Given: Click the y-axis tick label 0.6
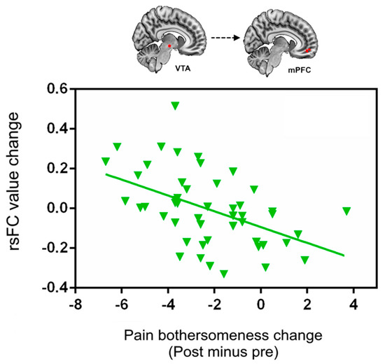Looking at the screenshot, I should [58, 89].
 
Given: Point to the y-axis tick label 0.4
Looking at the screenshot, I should [58, 129].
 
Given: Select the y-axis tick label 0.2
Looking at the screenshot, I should [58, 168].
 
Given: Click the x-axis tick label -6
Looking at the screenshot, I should [120, 306].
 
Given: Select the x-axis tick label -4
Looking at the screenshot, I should [166, 306].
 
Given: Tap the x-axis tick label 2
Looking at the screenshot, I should [307, 306].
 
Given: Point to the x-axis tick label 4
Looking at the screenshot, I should [353, 306].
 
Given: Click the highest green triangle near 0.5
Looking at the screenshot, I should [175, 106].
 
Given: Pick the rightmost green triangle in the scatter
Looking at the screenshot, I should [346, 211].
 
